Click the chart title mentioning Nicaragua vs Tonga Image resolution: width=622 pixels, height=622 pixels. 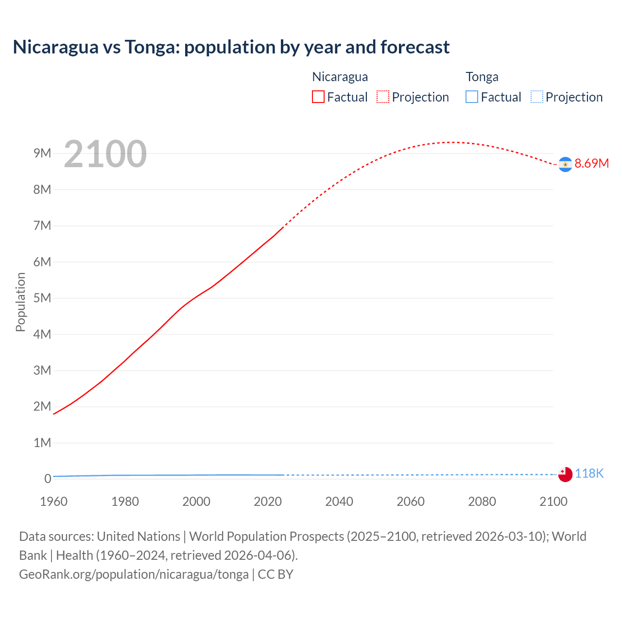click(231, 47)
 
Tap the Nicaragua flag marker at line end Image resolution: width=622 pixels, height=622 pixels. click(565, 165)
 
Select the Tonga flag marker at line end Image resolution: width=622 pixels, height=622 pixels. click(565, 474)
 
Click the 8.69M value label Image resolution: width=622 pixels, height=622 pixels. click(591, 163)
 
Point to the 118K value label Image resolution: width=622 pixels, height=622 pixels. click(589, 473)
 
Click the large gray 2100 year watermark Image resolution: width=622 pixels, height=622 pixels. click(105, 154)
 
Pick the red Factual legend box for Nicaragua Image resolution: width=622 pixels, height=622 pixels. click(318, 97)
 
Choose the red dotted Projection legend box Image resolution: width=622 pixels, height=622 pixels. click(383, 97)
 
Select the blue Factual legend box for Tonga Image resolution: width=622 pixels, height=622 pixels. click(472, 97)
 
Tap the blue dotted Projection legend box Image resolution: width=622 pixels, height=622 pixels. click(537, 97)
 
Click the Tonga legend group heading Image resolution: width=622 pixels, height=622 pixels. click(482, 77)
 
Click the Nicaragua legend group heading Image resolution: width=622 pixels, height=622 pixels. click(340, 77)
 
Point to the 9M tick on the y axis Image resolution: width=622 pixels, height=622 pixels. click(42, 154)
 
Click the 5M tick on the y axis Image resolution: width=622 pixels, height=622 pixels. click(42, 298)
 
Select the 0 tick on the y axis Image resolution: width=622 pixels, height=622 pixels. click(48, 479)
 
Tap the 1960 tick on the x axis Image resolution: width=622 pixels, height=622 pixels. click(53, 501)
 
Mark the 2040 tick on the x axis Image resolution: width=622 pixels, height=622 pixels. click(339, 501)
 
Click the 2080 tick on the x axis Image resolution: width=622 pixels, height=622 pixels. click(482, 501)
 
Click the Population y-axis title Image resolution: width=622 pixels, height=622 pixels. click(20, 302)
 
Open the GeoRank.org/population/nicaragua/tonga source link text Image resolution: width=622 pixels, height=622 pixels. click(134, 574)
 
